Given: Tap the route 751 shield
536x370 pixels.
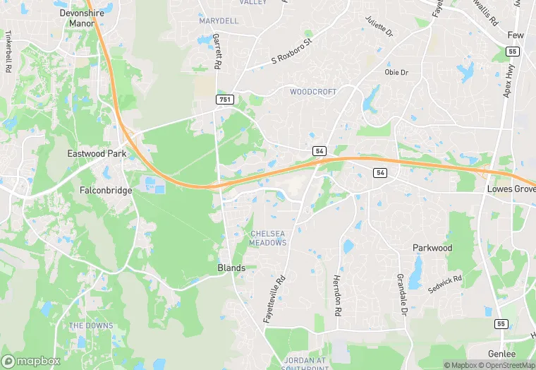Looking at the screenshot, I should tap(224, 100).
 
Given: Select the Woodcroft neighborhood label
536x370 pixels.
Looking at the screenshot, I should tap(313, 92).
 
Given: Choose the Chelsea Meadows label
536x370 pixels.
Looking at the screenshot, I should tap(269, 238).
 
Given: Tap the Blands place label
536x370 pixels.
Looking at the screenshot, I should tap(231, 268).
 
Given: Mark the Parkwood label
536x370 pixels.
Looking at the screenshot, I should tap(432, 249).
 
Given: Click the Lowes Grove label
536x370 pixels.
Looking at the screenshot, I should tap(511, 190).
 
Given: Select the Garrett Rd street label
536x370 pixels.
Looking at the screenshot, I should tap(217, 51).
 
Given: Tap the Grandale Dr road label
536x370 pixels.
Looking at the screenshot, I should tap(402, 294).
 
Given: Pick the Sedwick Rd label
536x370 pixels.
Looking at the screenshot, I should tap(444, 285).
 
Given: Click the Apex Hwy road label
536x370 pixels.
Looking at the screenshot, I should tap(510, 83).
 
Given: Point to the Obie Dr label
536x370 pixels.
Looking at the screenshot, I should tap(396, 72).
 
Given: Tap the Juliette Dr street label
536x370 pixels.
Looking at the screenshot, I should tap(378, 27).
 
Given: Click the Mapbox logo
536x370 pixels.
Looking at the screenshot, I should tap(31, 361).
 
